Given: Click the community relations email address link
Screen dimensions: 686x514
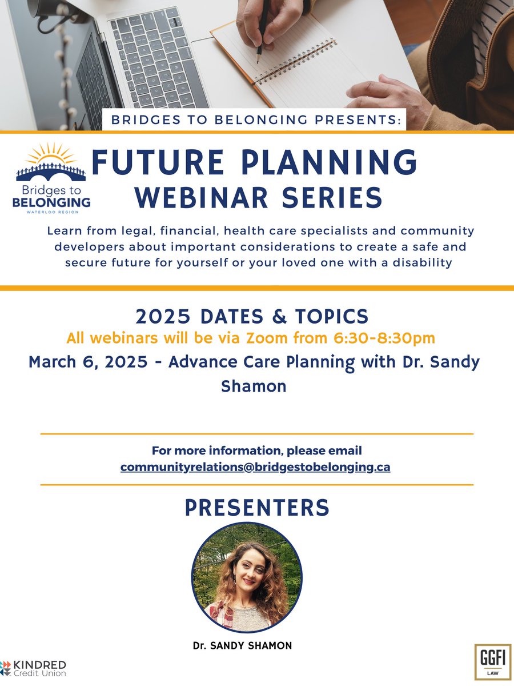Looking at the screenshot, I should pyautogui.click(x=255, y=467).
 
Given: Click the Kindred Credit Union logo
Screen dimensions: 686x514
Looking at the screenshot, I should pyautogui.click(x=34, y=668).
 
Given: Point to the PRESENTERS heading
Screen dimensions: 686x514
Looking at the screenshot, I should pyautogui.click(x=257, y=508).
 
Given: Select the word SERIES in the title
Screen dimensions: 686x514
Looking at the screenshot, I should pyautogui.click(x=333, y=197).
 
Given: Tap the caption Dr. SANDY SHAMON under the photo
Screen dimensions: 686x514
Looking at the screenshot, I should pyautogui.click(x=242, y=645).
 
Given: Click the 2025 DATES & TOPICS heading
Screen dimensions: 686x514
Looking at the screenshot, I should pyautogui.click(x=252, y=316).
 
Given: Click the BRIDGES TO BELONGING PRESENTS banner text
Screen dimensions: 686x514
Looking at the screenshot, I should pyautogui.click(x=256, y=121).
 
